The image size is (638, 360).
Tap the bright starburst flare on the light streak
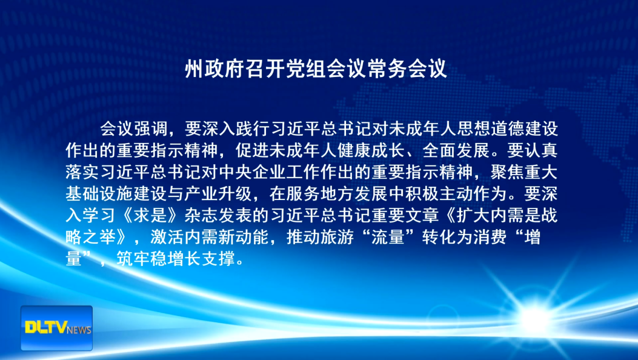point(536,313)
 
